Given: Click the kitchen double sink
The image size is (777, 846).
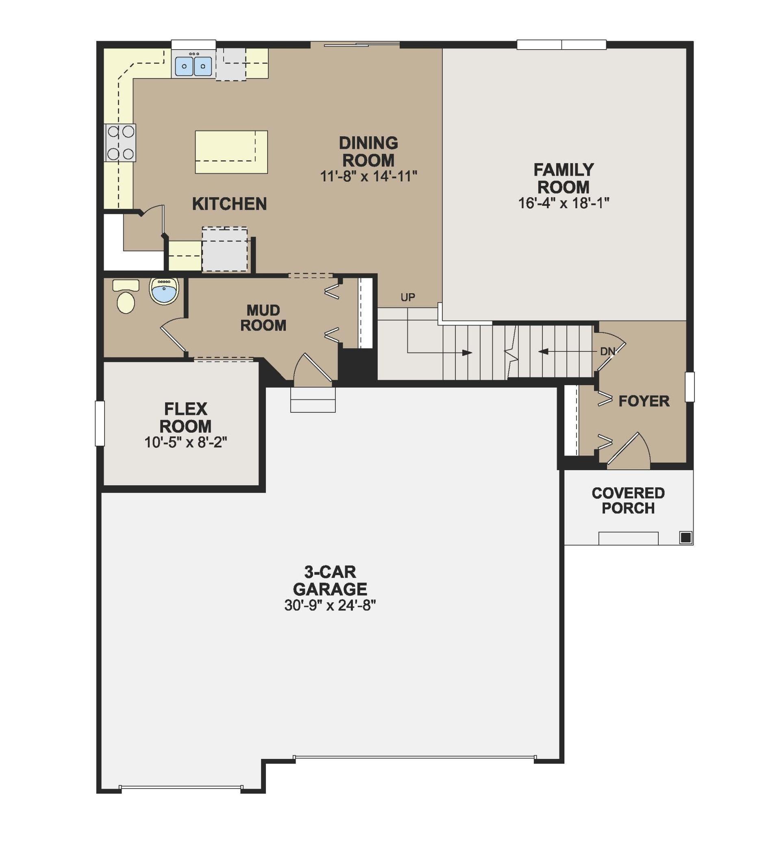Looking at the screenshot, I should tap(194, 66).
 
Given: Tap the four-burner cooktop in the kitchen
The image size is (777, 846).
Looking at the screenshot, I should tap(121, 143).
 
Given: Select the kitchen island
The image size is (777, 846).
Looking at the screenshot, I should tap(231, 152).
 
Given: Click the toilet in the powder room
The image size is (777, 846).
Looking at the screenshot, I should tap(126, 297).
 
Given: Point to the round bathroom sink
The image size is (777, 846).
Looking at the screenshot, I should tap(164, 290).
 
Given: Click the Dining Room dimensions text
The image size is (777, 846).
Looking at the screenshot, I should tap(368, 176).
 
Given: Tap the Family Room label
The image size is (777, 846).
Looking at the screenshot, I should tap(564, 179).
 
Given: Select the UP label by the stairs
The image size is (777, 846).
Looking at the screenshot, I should tap(407, 297).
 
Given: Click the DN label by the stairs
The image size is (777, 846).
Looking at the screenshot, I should tap(607, 351).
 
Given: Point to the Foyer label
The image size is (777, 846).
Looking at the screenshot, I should tap(644, 401).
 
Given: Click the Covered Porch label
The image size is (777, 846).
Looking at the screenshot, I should tap(628, 501).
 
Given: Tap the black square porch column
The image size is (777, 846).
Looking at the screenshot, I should tap(686, 537).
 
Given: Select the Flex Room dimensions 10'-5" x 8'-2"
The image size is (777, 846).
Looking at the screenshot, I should tap(185, 443).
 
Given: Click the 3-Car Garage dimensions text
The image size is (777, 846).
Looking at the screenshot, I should tap(330, 605).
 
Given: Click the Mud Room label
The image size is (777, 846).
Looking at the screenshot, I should tap(263, 318).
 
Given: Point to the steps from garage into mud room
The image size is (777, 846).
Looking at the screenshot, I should tap(313, 400).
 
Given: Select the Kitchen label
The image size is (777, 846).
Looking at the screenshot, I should tap(229, 204).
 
